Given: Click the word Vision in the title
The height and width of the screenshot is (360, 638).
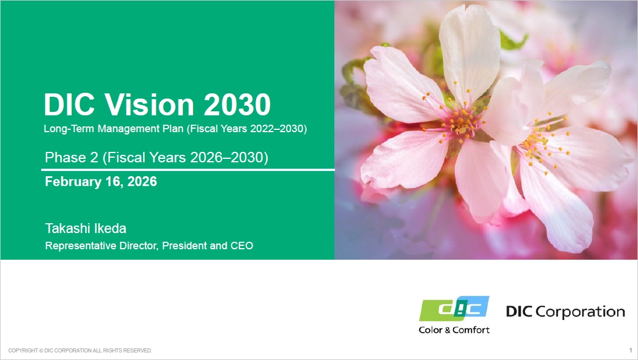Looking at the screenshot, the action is (x=150, y=105).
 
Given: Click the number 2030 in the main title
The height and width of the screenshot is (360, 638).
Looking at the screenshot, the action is (x=237, y=105).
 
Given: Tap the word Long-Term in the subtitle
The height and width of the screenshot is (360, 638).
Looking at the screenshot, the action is (x=69, y=129).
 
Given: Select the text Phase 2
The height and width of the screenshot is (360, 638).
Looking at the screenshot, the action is (x=72, y=157).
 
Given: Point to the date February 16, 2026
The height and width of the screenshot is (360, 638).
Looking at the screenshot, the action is (x=101, y=181).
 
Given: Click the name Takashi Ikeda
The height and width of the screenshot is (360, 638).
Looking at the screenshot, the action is (x=85, y=228).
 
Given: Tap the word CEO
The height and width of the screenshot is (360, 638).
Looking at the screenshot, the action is (x=242, y=246).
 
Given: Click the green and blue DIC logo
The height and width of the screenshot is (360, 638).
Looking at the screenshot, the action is (x=454, y=308).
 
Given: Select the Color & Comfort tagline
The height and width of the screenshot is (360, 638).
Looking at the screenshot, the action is (x=454, y=329).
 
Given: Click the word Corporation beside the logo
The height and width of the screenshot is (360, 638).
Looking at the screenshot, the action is (x=580, y=312).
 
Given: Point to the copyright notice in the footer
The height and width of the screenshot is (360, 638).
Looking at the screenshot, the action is (x=80, y=351).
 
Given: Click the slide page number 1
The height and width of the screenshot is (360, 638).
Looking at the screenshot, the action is (x=630, y=350).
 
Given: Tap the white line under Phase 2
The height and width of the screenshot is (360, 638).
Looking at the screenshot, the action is (x=188, y=169).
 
